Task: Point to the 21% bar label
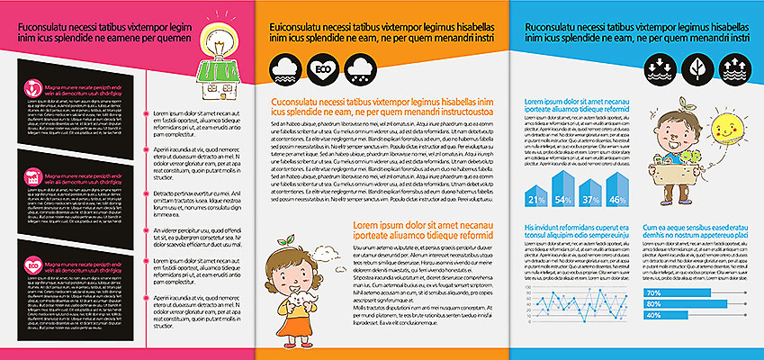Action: point(537,199)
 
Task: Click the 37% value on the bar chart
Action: point(591,199)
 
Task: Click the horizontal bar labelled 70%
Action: point(676,292)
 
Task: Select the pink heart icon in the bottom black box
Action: point(33,265)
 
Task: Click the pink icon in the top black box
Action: point(33,89)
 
